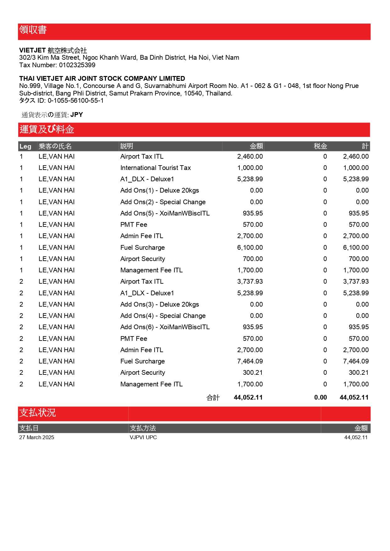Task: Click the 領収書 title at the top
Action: [33, 30]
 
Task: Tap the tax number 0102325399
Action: [77, 65]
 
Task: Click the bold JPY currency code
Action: [77, 115]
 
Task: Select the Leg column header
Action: [25, 146]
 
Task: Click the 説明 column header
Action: [127, 146]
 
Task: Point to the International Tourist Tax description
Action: [156, 168]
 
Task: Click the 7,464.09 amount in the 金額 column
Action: [250, 361]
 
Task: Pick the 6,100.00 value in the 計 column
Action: [356, 248]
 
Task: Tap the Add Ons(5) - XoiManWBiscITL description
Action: [165, 213]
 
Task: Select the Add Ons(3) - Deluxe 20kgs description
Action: [160, 304]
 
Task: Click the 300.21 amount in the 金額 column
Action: [253, 373]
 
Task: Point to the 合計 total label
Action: [213, 398]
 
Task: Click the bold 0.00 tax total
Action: [320, 397]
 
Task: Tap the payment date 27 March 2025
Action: [36, 437]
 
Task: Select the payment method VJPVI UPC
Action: [143, 437]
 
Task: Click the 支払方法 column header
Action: [143, 428]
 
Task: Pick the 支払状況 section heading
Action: [38, 413]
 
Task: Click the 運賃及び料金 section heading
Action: [47, 129]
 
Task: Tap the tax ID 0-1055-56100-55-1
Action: [75, 101]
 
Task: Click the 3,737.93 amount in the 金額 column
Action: [250, 281]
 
